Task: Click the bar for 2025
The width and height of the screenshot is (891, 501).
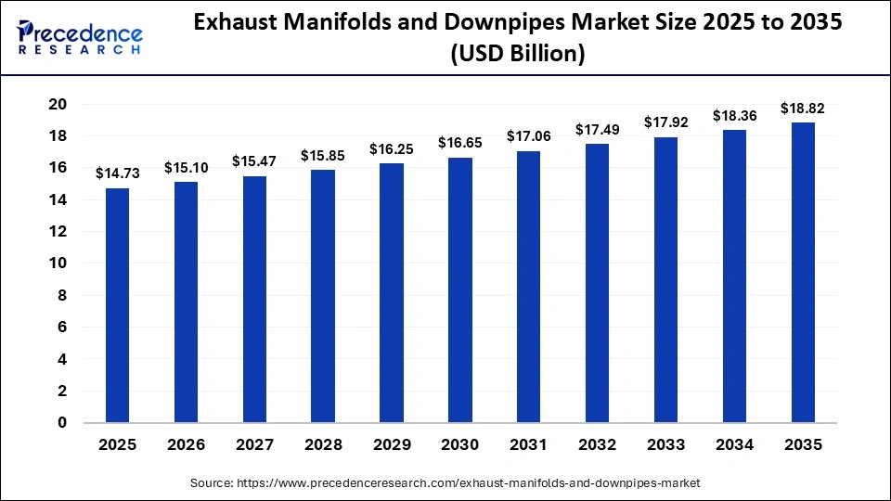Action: point(117,305)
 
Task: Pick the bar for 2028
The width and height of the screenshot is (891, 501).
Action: point(323,296)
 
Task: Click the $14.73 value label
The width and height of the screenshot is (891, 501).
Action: point(117,173)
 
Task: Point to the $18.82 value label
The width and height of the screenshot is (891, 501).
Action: point(803,108)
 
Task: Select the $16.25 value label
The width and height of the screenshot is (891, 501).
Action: point(392,148)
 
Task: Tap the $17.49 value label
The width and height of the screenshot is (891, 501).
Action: point(597,129)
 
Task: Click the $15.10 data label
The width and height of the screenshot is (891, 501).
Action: point(186,167)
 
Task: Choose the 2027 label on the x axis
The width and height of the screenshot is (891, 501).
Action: point(254,445)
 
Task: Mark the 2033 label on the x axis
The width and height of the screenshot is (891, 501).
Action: point(665,445)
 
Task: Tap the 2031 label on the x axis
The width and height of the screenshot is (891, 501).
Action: point(528,445)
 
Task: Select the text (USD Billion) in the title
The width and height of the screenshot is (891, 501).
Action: point(518,55)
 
